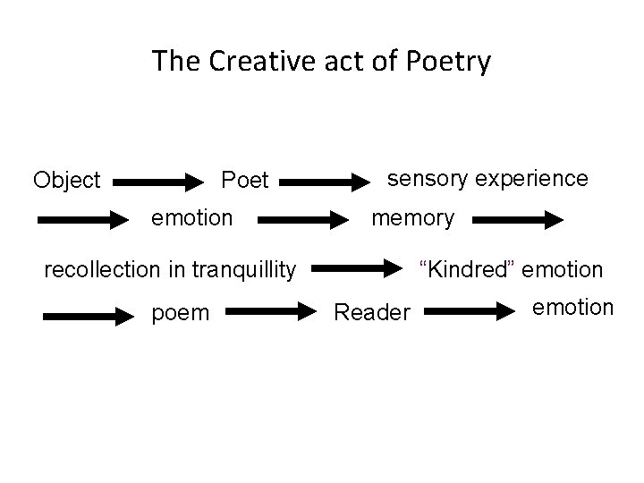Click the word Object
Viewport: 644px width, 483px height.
coord(66,181)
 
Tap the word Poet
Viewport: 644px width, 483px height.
coord(244,181)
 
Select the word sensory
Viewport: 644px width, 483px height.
coord(426,178)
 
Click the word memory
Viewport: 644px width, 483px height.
coord(412,217)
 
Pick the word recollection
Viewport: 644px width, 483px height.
coord(101,268)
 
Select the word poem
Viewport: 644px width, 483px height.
coord(181,312)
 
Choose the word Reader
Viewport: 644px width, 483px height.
coord(372,312)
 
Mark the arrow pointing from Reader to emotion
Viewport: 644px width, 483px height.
coord(473,311)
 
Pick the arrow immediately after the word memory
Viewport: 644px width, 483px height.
coord(519,218)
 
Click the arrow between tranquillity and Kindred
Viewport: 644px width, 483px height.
coord(357,267)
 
